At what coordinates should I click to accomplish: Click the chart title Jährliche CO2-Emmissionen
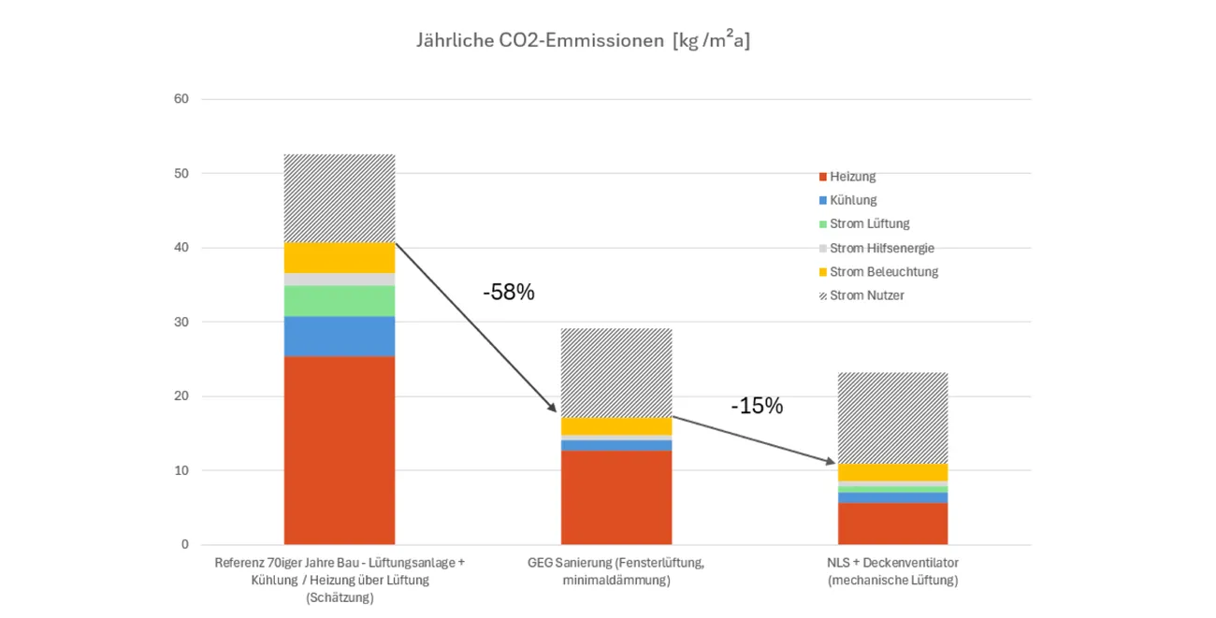(x=583, y=41)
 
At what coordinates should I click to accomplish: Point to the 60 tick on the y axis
(x=181, y=99)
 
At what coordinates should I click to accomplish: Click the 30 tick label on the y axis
(x=181, y=322)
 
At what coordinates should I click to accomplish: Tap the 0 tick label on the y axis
(x=184, y=544)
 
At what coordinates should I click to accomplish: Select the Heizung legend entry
(x=852, y=177)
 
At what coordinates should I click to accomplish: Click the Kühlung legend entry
(x=852, y=200)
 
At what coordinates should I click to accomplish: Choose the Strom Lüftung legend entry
(x=869, y=224)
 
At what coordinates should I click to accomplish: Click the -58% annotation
(x=509, y=293)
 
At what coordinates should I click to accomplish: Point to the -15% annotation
(x=758, y=407)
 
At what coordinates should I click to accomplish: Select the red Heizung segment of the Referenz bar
(x=340, y=450)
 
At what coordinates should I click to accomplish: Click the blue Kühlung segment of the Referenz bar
(x=340, y=336)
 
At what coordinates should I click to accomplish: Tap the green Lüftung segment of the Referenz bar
(x=340, y=300)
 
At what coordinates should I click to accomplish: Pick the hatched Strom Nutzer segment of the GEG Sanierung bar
(x=616, y=372)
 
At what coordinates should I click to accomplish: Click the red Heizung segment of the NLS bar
(x=893, y=524)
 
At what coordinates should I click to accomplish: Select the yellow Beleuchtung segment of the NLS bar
(x=893, y=472)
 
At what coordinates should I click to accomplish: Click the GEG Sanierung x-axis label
(x=617, y=571)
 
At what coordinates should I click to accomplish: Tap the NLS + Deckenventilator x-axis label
(x=893, y=571)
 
